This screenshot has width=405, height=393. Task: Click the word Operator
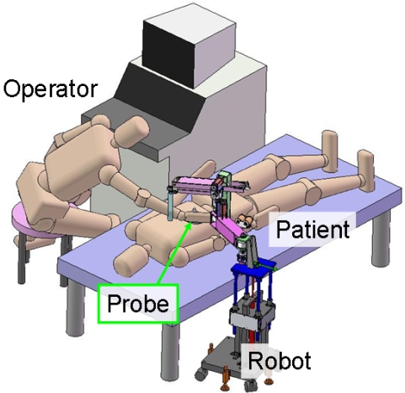tap(51, 89)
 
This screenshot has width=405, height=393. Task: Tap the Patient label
tap(313, 229)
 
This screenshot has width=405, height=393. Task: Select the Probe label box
tap(138, 304)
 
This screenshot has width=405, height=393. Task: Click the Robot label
tap(280, 360)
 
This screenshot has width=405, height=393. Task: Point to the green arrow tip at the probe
tap(191, 223)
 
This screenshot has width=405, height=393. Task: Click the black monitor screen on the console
tap(168, 54)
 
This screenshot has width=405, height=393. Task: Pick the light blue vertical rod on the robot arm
tap(170, 205)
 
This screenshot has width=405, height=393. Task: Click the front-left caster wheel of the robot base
tap(200, 374)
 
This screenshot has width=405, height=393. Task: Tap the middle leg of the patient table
tap(170, 352)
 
